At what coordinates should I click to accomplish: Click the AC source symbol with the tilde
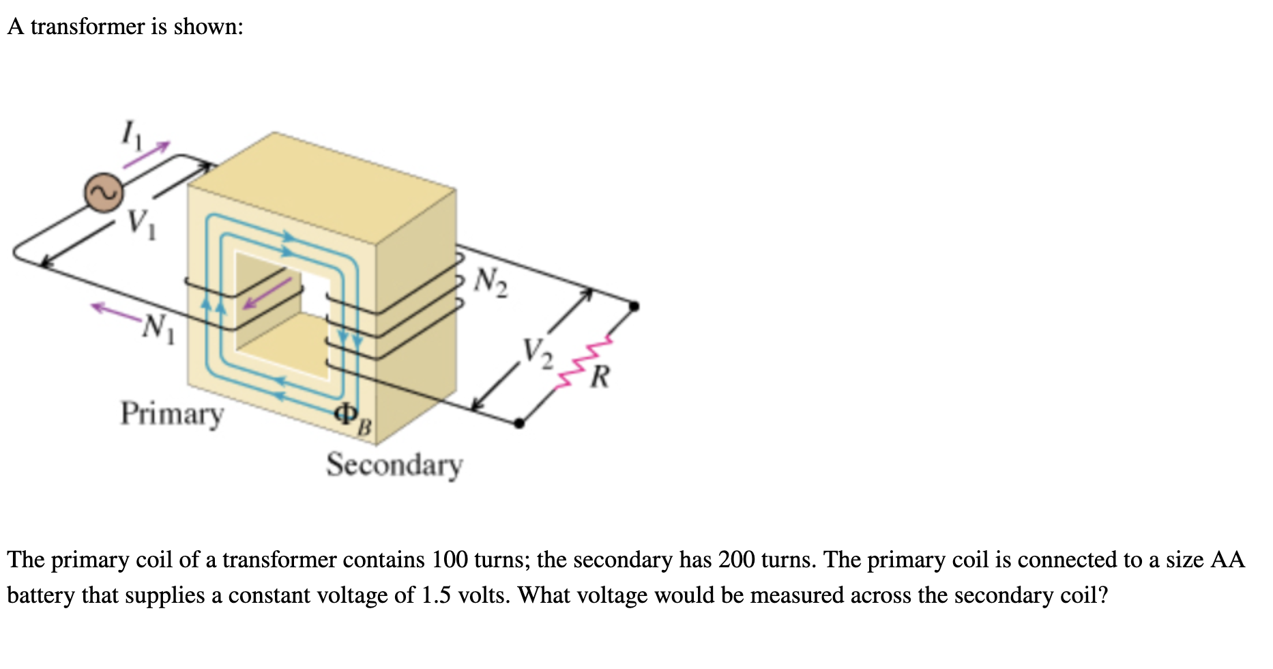tap(104, 193)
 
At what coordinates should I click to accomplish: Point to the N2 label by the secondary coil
tap(492, 282)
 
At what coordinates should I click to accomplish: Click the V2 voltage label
tap(538, 352)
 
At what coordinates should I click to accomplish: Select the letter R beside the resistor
tap(600, 376)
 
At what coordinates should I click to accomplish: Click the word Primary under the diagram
tap(172, 414)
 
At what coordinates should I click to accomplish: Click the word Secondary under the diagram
tap(394, 466)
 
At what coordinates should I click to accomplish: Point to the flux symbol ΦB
tap(353, 417)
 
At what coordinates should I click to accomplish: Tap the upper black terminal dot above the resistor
tap(634, 306)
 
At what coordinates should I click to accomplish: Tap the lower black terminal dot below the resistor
tap(519, 423)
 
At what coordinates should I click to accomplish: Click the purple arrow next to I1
tap(146, 155)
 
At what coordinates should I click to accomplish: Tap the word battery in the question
tap(41, 595)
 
